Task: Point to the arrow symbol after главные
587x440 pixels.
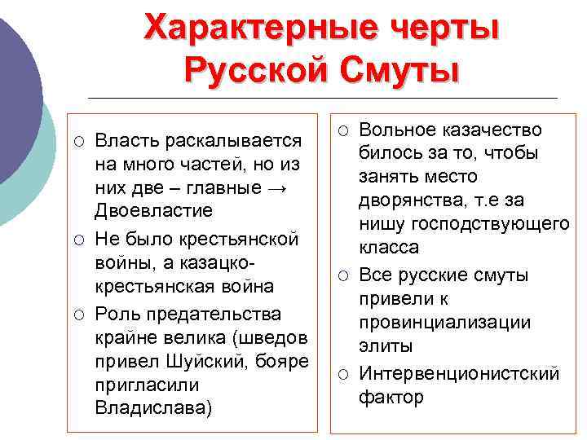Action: pos(278,187)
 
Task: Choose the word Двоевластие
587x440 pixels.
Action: pos(153,210)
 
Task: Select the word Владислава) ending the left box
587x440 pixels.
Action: pos(153,407)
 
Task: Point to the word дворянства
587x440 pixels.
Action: pos(412,200)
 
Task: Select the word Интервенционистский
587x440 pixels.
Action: pos(459,373)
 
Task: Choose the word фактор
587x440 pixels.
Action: pos(391,397)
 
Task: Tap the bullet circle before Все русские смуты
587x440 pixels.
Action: pos(344,275)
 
